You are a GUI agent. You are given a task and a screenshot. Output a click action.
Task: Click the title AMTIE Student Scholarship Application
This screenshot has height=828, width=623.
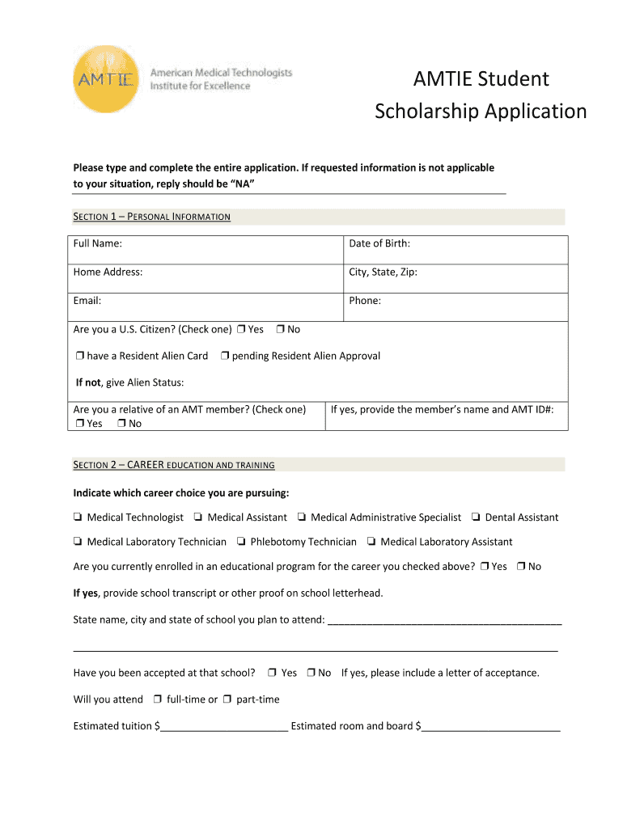pos(481,95)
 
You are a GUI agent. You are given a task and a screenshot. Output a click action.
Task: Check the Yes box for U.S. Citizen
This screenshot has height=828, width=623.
pos(240,330)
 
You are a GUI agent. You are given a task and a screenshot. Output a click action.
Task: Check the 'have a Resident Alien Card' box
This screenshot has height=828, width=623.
pos(80,357)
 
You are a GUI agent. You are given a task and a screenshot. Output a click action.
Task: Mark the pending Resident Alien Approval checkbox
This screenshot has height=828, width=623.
pos(225,357)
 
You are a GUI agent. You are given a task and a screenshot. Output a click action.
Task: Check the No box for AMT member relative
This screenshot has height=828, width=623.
pos(121,424)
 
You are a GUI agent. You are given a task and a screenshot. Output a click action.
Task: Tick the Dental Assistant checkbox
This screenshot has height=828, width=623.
pos(476,517)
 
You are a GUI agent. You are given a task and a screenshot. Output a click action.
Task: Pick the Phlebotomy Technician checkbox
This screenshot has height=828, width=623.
pos(241,542)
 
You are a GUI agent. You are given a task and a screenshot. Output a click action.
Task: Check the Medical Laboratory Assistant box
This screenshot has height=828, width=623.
pos(371,542)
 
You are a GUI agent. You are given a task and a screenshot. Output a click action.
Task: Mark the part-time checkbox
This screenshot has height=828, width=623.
pos(227,699)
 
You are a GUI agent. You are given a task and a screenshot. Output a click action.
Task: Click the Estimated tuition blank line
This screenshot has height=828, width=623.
pos(224,725)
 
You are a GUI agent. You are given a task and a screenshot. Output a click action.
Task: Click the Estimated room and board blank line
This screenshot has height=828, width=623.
pos(490,725)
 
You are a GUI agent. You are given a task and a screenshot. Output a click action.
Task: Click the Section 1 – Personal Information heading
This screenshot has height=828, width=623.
pos(152,217)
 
